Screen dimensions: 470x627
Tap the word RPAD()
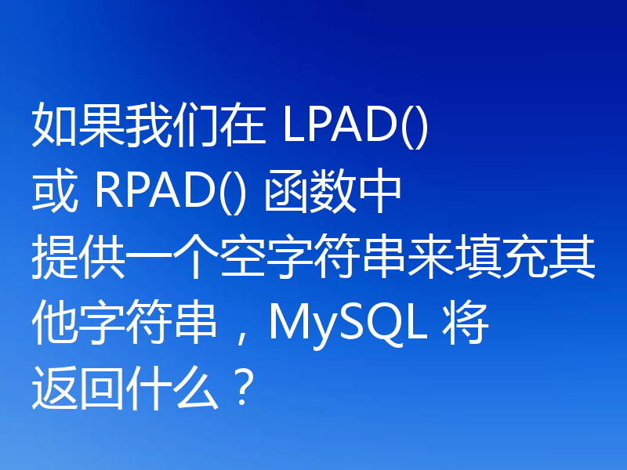[170, 193]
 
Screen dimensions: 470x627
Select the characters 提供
[78, 257]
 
